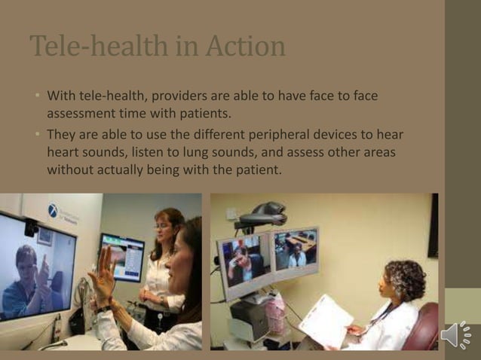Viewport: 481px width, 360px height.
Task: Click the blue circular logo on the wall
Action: pos(54,211)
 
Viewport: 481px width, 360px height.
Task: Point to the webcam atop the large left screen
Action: pos(31,227)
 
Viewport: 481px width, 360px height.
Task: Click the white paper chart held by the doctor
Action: pos(325,320)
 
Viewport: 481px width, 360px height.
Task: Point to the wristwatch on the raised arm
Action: pos(103,307)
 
